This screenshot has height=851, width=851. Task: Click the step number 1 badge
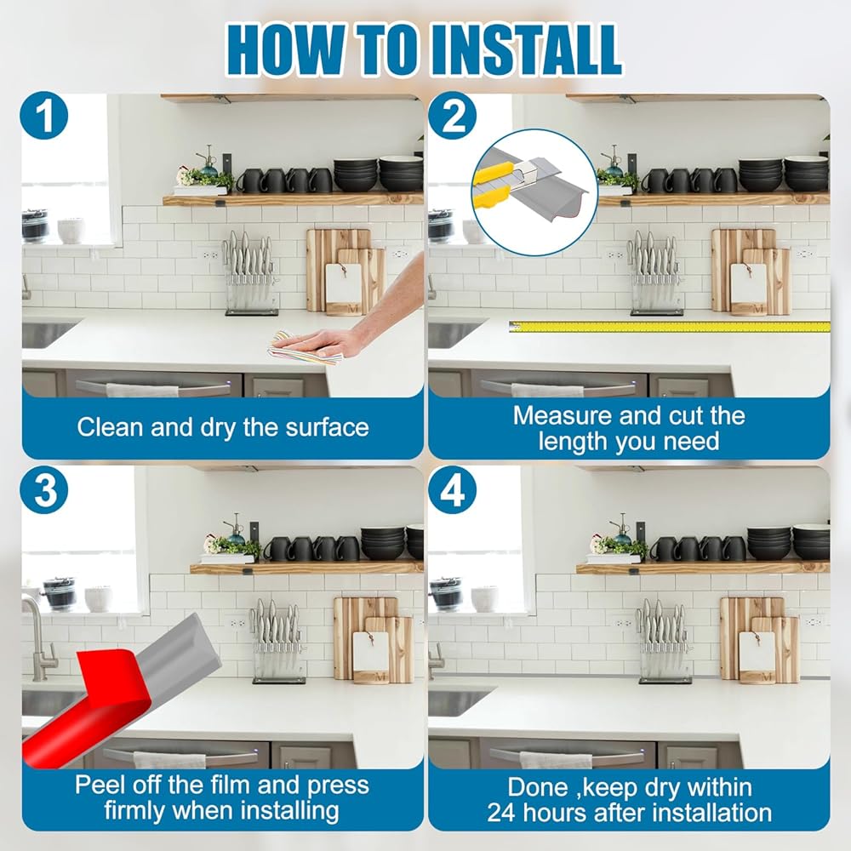coord(44,116)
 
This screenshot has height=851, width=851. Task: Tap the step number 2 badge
coord(452,116)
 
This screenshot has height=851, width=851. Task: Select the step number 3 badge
coord(44,490)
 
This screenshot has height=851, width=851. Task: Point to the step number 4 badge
coord(452,490)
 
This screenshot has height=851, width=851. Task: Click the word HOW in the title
coord(285,50)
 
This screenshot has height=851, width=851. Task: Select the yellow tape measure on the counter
coord(669,327)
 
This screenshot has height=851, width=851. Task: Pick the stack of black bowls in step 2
coord(760,174)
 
